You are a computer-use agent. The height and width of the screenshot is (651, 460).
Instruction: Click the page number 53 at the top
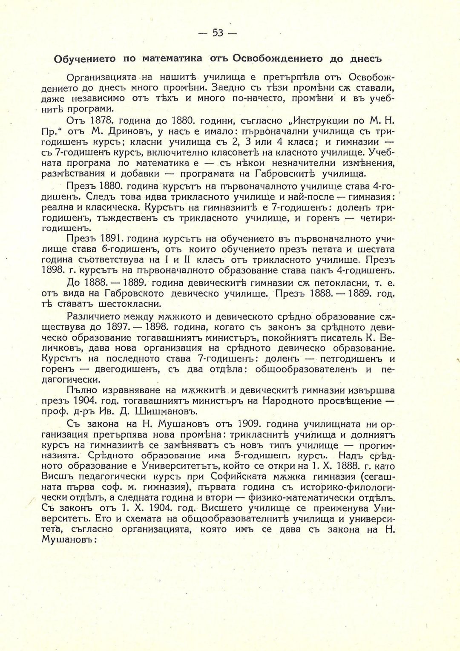218,33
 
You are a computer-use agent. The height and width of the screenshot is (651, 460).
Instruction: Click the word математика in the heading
172,58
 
